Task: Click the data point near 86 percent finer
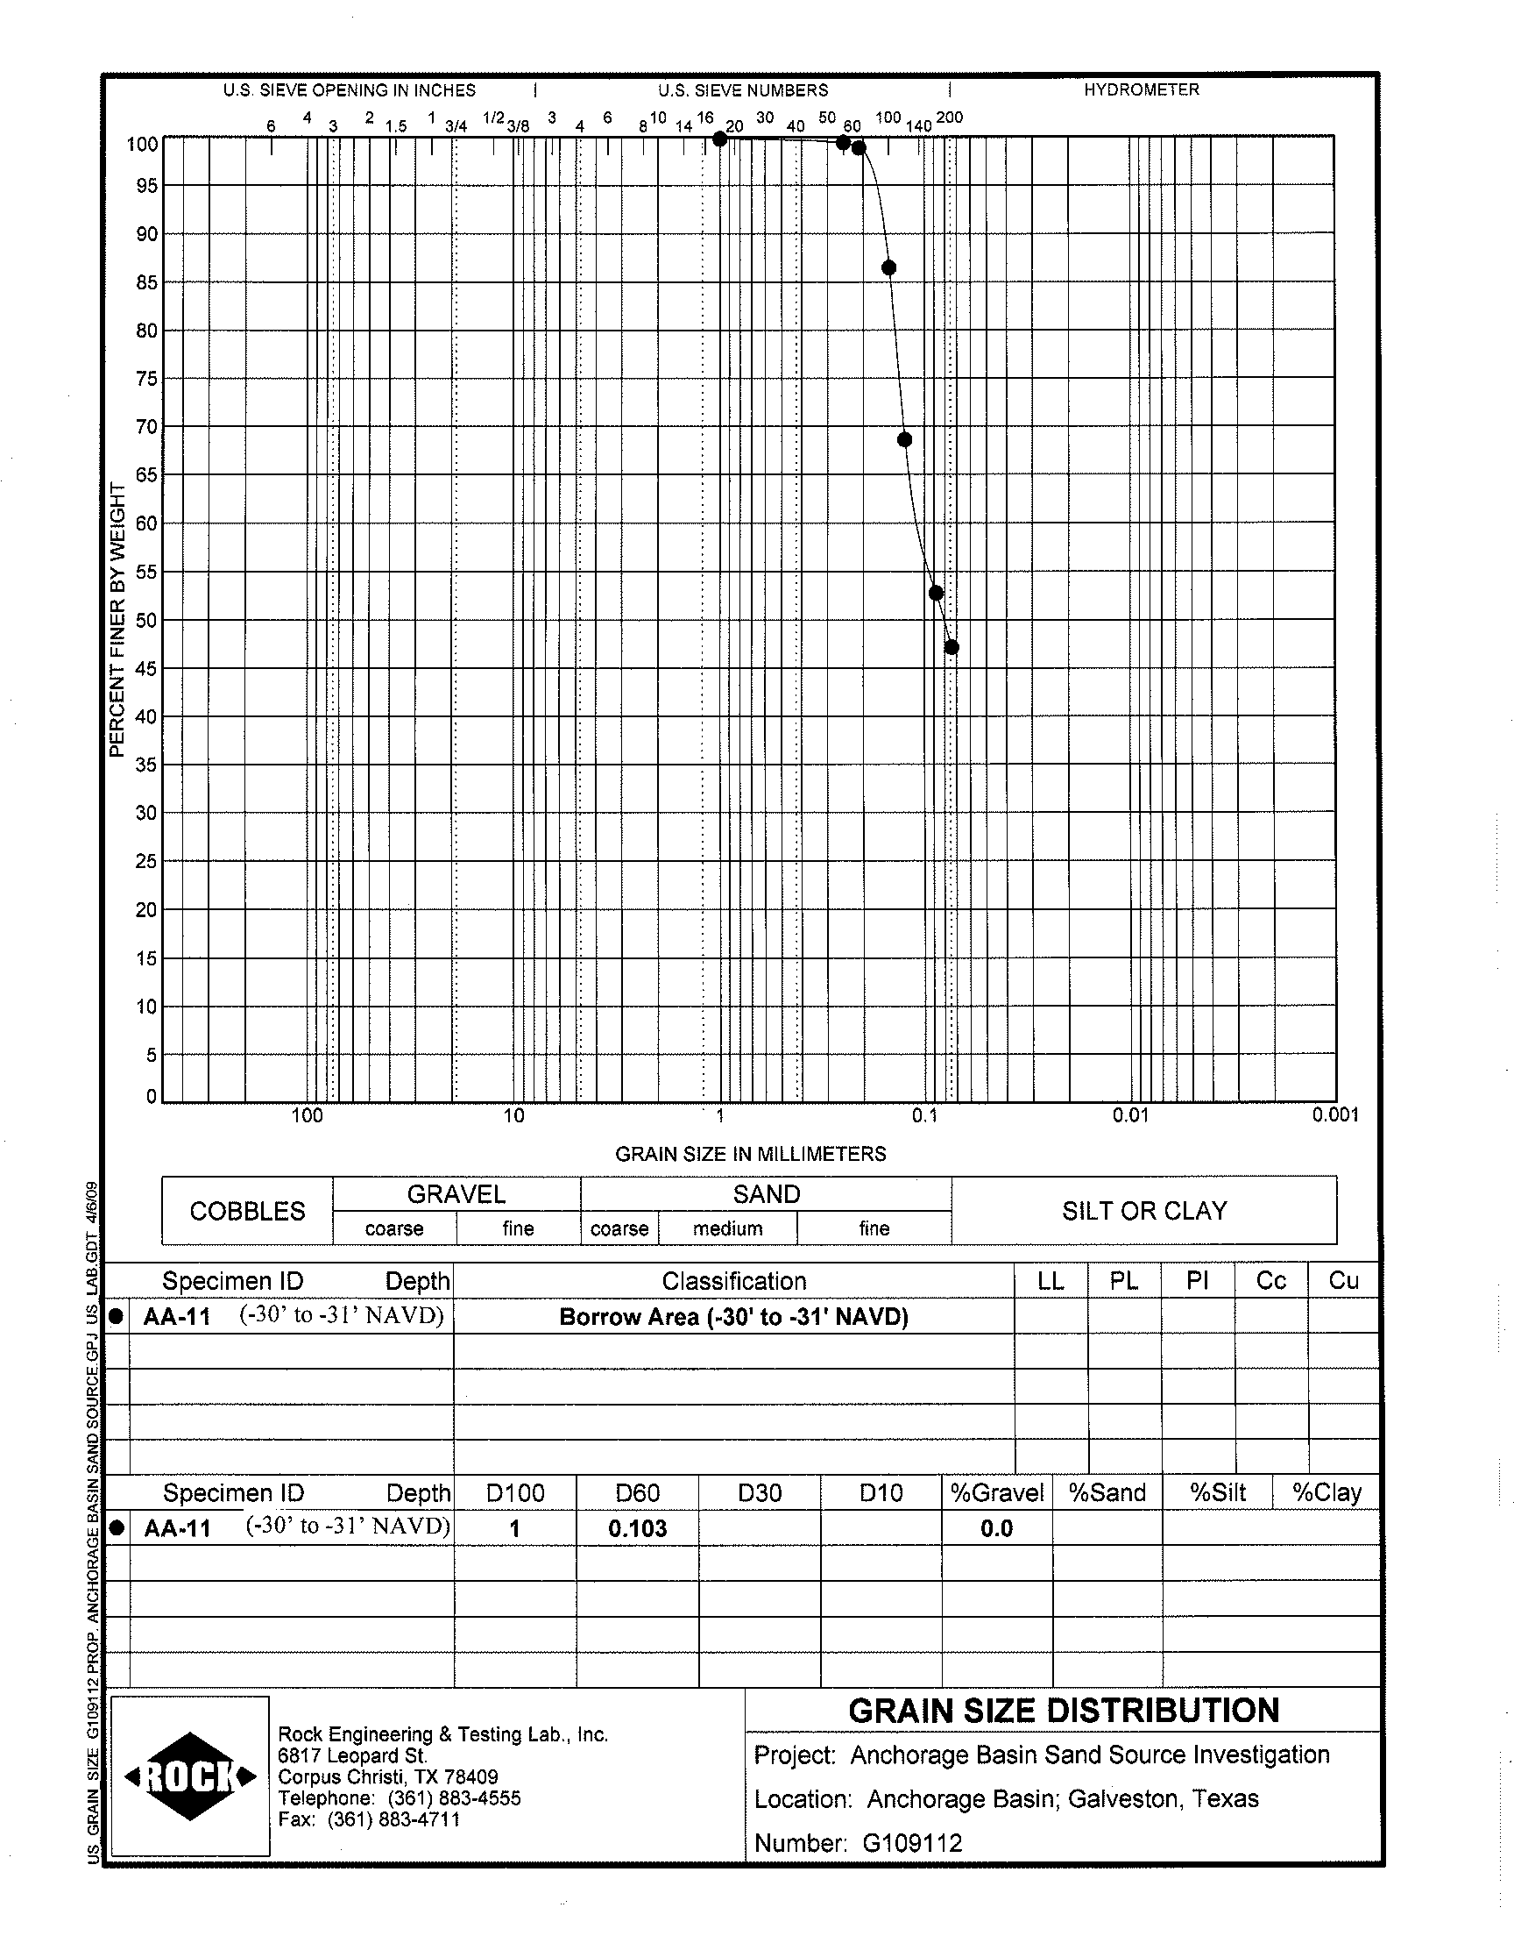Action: click(889, 267)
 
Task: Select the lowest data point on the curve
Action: click(952, 647)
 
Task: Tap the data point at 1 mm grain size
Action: click(720, 139)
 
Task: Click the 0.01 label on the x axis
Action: click(1130, 1115)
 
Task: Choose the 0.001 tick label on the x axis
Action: click(1335, 1115)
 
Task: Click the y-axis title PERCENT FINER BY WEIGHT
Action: click(117, 621)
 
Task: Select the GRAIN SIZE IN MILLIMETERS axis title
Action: click(751, 1154)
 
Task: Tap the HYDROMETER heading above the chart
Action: click(1141, 90)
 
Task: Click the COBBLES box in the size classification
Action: click(247, 1212)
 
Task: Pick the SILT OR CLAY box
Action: click(1144, 1212)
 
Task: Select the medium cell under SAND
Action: click(728, 1229)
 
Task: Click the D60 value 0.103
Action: click(637, 1529)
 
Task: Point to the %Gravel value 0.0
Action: click(996, 1529)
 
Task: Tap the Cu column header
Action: click(1343, 1281)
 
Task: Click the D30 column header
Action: click(760, 1493)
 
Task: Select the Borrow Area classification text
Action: click(734, 1317)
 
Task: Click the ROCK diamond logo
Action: click(191, 1776)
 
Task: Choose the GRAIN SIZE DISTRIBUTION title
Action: click(1064, 1711)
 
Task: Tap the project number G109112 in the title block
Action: click(912, 1844)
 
